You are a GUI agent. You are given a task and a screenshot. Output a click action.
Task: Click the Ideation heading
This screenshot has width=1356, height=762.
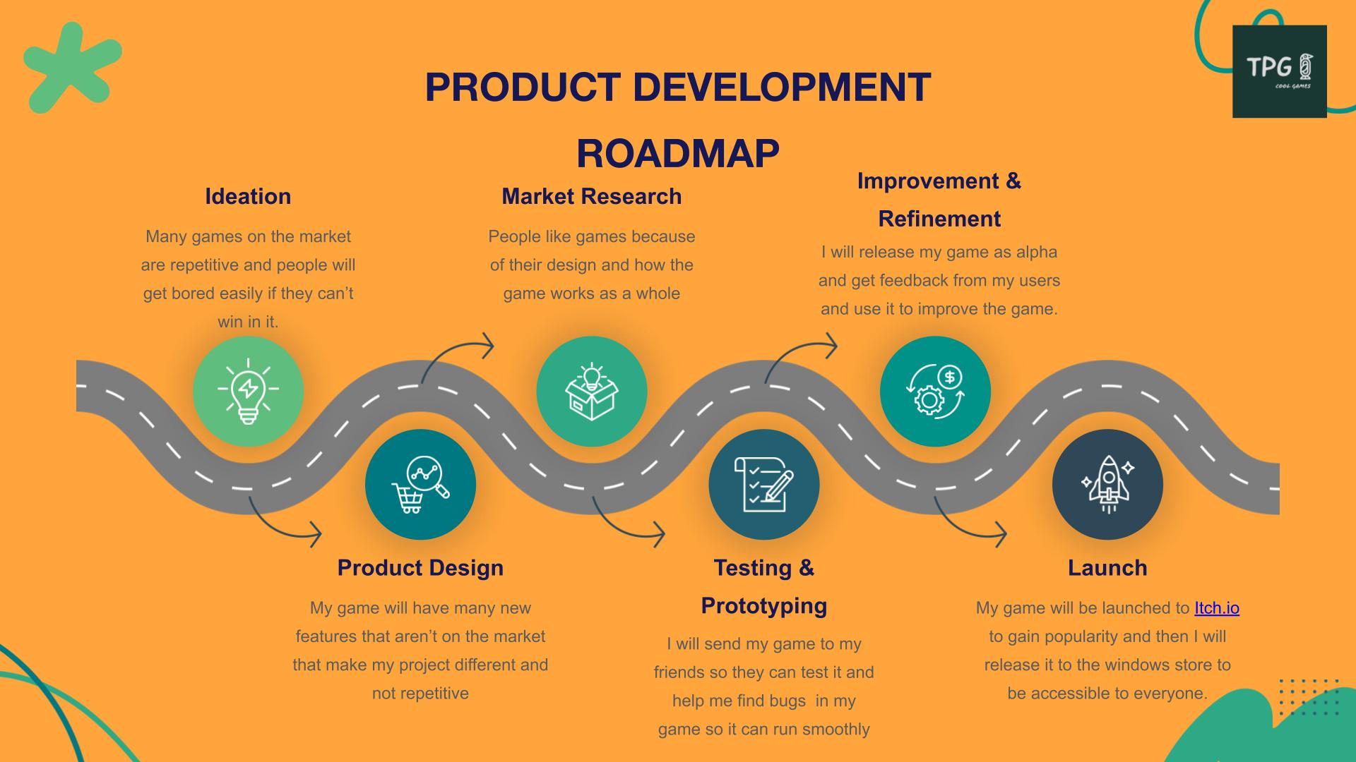tap(248, 196)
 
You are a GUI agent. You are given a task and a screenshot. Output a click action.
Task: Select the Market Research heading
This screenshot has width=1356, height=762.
tap(592, 196)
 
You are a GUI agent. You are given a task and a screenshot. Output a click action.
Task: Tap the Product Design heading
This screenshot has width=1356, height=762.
tap(420, 568)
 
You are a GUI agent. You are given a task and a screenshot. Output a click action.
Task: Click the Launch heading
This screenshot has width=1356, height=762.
tap(1107, 568)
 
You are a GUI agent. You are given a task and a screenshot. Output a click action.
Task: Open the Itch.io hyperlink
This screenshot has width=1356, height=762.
tap(1217, 608)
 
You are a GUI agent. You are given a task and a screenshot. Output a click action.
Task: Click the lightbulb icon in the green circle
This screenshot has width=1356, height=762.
tap(248, 391)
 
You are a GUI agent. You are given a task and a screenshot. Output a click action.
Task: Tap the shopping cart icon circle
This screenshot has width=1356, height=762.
tap(420, 485)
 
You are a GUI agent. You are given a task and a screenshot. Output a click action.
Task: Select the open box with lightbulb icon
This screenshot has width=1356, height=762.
tap(592, 391)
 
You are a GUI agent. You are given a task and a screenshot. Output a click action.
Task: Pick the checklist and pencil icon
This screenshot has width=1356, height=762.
tap(764, 485)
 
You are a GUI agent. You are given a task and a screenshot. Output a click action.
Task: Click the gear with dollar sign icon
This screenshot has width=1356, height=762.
tap(936, 391)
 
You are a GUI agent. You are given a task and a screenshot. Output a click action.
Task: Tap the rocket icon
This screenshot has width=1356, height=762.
tap(1107, 485)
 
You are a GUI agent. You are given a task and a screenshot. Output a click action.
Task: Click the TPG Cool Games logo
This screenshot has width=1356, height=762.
tap(1280, 71)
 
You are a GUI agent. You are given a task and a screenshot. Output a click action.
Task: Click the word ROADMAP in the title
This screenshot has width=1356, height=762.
tap(678, 153)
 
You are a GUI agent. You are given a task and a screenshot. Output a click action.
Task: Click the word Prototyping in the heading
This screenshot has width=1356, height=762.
tap(764, 606)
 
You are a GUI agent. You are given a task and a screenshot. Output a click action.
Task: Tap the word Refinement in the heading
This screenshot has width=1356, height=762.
tap(939, 219)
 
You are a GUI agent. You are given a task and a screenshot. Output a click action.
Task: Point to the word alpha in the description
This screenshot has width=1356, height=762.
tap(1037, 253)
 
